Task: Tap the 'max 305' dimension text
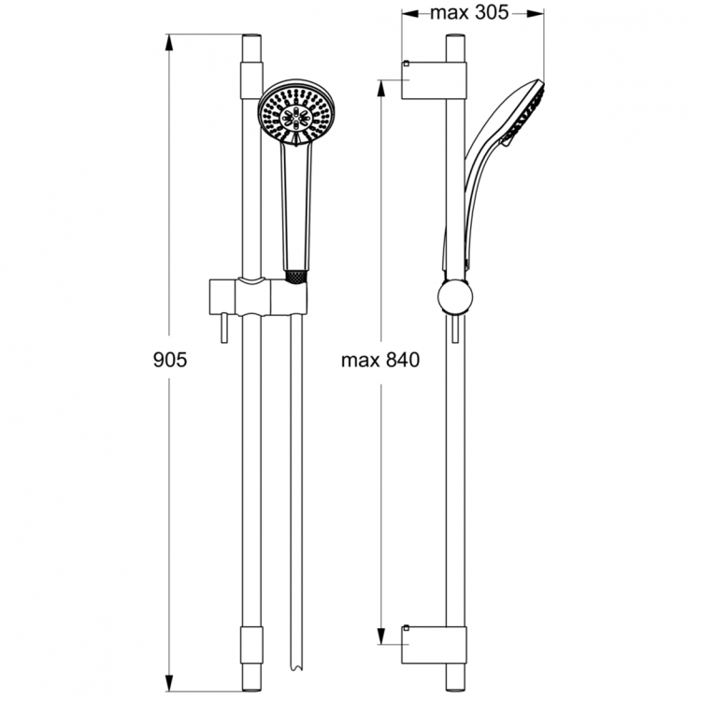click(472, 14)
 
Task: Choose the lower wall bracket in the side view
click(435, 644)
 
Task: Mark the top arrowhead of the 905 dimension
click(170, 40)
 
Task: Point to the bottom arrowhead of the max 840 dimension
click(381, 638)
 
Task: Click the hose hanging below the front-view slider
click(296, 467)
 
